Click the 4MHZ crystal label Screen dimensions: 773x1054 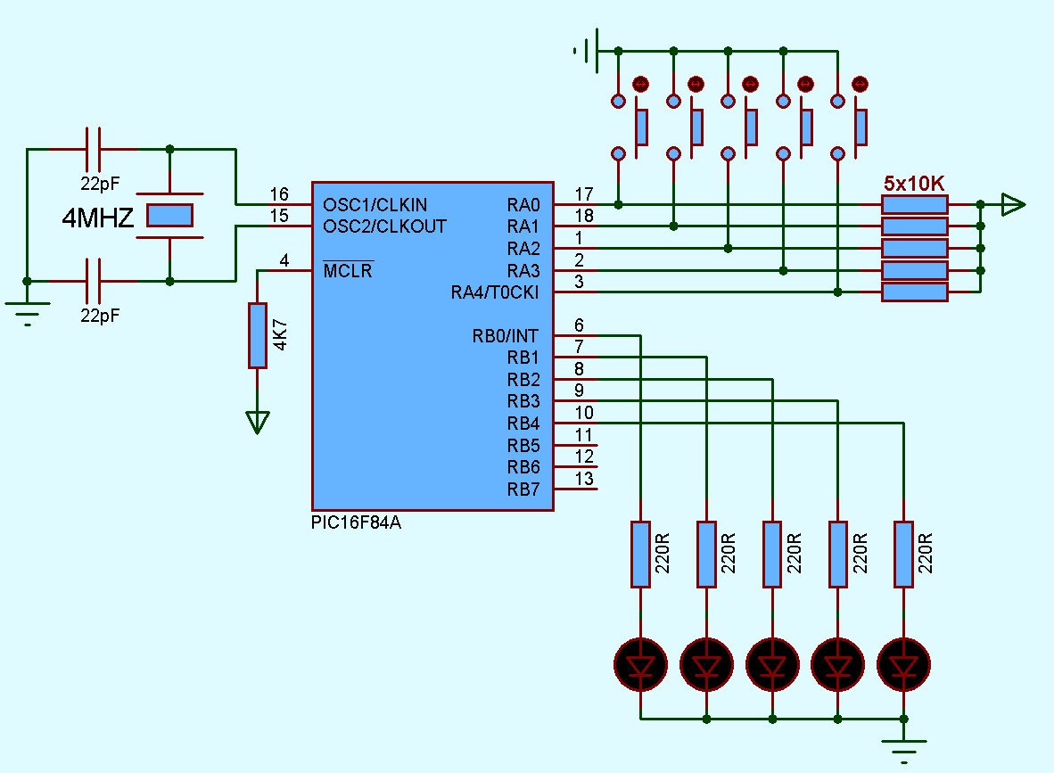point(98,218)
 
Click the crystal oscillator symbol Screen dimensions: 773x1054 point(169,215)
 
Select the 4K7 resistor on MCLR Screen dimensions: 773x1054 point(257,335)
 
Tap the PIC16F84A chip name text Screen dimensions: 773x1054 point(356,523)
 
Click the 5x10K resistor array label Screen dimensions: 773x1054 point(914,184)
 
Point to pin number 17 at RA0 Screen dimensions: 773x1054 point(584,193)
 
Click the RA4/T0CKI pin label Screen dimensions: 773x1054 point(495,292)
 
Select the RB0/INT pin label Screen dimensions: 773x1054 point(505,336)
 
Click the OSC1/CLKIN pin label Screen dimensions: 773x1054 point(375,205)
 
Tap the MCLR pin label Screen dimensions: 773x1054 point(348,271)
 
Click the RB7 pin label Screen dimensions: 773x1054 point(523,489)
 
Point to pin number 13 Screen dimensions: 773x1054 point(584,479)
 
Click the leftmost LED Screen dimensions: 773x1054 point(640,665)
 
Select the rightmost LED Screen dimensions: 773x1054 point(904,665)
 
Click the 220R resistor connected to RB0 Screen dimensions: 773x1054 point(640,555)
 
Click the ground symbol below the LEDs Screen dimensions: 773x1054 point(904,744)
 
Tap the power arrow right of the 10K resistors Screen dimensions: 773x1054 point(1012,205)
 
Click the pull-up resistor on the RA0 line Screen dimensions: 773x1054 point(914,205)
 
